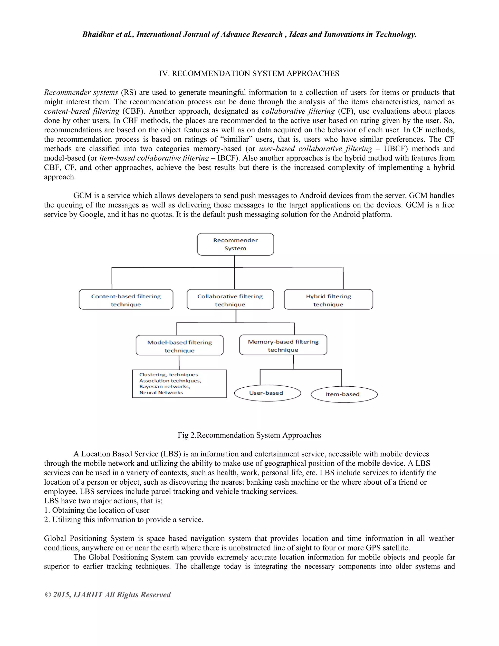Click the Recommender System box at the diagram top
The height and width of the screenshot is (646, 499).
coord(235,244)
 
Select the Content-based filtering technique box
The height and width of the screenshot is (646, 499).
coord(126,300)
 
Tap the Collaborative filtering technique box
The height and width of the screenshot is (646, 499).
coord(230,300)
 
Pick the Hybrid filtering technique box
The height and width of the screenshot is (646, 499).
coord(328,300)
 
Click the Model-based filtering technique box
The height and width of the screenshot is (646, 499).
coord(179,345)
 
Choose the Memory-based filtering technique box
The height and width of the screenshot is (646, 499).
coord(283,345)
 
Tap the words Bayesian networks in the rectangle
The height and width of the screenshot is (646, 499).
coord(165,387)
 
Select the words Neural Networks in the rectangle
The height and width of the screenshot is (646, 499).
coord(161,392)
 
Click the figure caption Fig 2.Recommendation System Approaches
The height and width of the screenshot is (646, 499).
coord(249,435)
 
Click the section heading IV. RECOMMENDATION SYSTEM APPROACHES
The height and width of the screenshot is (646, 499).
coord(249,74)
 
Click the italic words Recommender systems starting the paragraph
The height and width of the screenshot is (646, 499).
coord(81,93)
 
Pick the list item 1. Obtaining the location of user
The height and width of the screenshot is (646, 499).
coord(97,510)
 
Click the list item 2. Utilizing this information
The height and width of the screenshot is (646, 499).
coord(124,520)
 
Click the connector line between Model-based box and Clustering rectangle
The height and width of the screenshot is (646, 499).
coord(179,363)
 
